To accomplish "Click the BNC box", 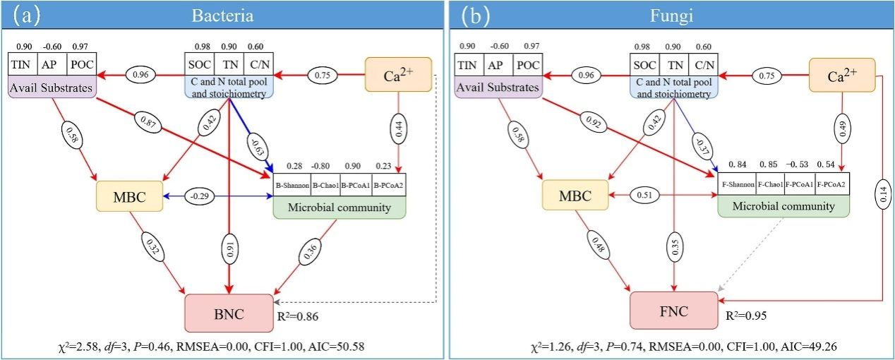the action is click(x=229, y=313).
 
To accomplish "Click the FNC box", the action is click(x=674, y=311).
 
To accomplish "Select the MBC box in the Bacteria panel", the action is click(x=129, y=196).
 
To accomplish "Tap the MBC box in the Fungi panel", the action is click(x=575, y=195).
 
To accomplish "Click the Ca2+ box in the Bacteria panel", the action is click(x=398, y=75).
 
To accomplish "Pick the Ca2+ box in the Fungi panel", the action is click(x=842, y=75).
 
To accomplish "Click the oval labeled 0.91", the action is click(x=229, y=249).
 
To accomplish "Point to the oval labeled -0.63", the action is click(x=258, y=147).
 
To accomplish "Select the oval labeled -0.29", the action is click(x=199, y=196).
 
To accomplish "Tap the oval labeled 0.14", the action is click(x=883, y=195).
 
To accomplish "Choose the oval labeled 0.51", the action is click(x=644, y=195).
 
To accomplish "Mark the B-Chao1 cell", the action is click(x=325, y=185).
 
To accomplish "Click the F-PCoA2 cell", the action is click(x=832, y=184).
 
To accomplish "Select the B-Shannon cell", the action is click(x=292, y=185).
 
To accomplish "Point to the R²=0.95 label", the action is click(x=746, y=316).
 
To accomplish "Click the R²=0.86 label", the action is click(x=298, y=316).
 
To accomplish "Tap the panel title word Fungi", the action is click(x=671, y=16).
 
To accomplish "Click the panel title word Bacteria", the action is click(x=222, y=16).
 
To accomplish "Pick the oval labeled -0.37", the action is click(x=703, y=147).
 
